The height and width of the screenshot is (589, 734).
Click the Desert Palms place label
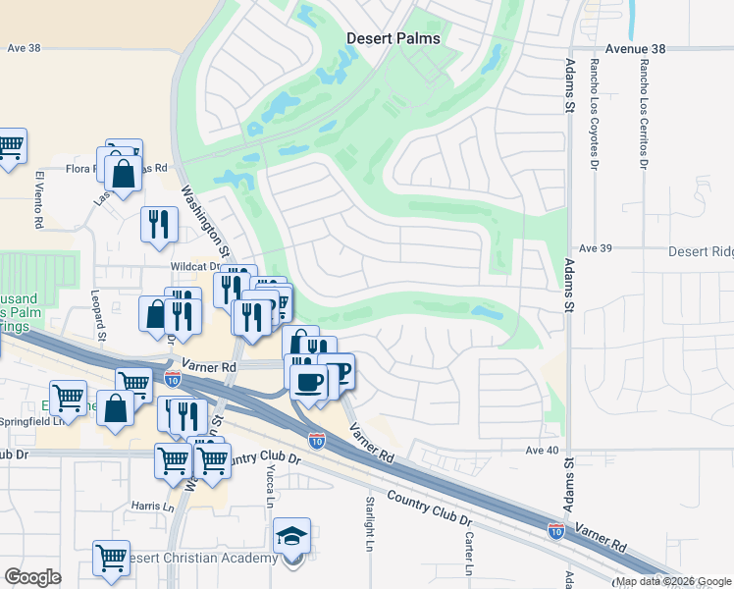click(393, 38)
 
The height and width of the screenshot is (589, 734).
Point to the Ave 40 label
click(542, 451)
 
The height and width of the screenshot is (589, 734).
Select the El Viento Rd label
click(39, 200)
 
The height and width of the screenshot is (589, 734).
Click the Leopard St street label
click(98, 310)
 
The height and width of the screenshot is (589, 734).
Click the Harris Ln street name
click(152, 507)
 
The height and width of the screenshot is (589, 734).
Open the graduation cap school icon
click(292, 536)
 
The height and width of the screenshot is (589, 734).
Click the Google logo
click(32, 577)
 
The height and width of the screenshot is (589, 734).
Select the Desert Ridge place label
click(701, 252)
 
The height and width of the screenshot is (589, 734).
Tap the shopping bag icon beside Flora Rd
click(124, 174)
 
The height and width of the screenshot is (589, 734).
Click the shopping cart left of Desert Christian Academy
click(112, 557)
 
